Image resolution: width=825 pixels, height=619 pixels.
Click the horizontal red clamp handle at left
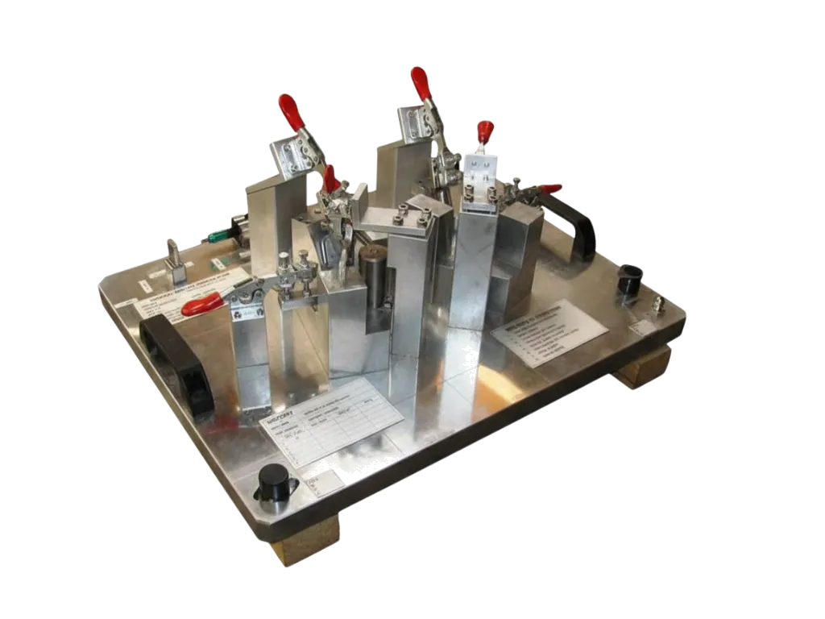point(201,304)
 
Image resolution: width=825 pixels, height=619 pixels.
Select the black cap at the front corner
point(274,482)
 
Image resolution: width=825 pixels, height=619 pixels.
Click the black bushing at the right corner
point(630,278)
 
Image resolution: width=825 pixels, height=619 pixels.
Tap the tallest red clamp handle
point(421,82)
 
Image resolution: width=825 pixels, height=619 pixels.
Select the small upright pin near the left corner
point(172,256)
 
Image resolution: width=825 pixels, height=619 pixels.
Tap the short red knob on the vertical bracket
point(485,131)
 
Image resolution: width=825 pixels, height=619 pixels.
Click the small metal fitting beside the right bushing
point(658,303)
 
